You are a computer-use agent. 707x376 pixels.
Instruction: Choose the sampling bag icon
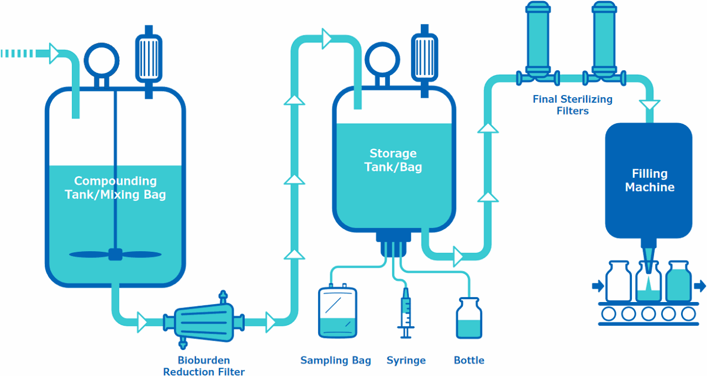[337, 312]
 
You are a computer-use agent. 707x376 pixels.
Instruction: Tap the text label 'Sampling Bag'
[335, 361]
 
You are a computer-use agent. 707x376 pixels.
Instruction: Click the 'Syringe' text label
[406, 361]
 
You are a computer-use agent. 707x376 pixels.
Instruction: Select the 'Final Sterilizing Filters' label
[572, 105]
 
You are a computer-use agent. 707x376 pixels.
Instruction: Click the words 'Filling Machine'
[650, 181]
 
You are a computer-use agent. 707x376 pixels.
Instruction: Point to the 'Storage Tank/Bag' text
[393, 160]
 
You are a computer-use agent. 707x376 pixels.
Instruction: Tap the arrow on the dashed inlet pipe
[55, 54]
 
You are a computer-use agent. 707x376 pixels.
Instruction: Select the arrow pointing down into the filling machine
[649, 104]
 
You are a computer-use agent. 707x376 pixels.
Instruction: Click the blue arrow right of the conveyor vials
[700, 286]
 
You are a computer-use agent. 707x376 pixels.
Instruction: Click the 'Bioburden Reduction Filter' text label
[204, 366]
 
